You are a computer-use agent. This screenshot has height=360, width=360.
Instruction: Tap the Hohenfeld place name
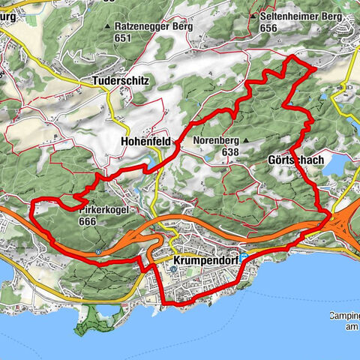pos(145,140)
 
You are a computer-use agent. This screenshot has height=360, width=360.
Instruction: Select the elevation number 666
pos(88,221)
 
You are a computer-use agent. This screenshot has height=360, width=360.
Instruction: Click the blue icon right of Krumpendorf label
pos(244,256)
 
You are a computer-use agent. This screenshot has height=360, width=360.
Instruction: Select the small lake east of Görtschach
pos(337,163)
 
